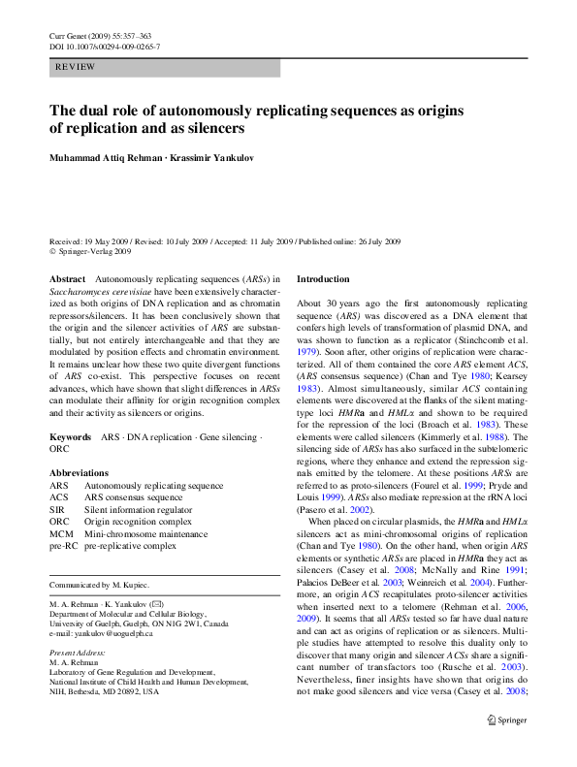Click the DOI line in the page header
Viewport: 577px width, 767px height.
[105, 47]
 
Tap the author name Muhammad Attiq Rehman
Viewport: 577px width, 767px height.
[107, 158]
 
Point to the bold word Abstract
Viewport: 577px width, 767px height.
[67, 279]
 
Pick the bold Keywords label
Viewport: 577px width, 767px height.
[71, 437]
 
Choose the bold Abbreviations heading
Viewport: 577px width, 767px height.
[80, 472]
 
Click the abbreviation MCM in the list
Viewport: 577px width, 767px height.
[60, 533]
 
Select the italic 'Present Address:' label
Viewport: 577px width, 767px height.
[79, 654]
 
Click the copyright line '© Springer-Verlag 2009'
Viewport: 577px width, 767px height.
[90, 250]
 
